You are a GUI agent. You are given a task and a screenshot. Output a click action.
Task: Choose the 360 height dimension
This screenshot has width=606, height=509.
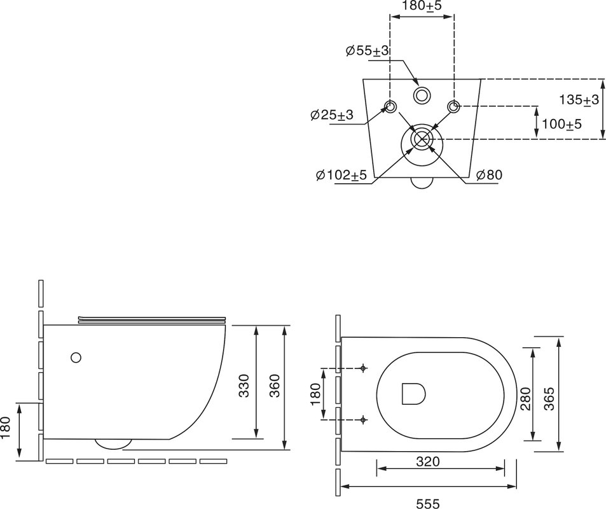(x=275, y=385)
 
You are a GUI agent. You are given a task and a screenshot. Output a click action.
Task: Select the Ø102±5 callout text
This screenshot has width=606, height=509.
(x=341, y=175)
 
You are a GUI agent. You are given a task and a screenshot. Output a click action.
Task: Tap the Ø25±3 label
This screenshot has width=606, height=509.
(x=331, y=115)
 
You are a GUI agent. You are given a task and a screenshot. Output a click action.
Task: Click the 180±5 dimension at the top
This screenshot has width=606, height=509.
(x=421, y=6)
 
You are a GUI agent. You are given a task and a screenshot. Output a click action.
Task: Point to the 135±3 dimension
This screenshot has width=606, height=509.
(x=579, y=100)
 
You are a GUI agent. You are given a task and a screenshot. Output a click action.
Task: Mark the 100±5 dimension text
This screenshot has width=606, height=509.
(x=561, y=124)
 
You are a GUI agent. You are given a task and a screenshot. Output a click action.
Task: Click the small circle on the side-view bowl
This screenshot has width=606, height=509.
(x=76, y=358)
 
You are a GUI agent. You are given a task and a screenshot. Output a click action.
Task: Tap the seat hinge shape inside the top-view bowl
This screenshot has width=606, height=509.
(x=414, y=393)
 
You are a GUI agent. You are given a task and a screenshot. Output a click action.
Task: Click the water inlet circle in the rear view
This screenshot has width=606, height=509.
(x=421, y=95)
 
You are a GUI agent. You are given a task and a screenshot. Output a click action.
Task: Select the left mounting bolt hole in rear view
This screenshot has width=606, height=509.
(x=390, y=106)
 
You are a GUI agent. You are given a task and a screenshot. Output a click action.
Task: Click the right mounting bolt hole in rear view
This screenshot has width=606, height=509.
(x=453, y=106)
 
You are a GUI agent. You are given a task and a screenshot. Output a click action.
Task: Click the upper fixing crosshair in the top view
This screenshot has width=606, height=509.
(x=362, y=368)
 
